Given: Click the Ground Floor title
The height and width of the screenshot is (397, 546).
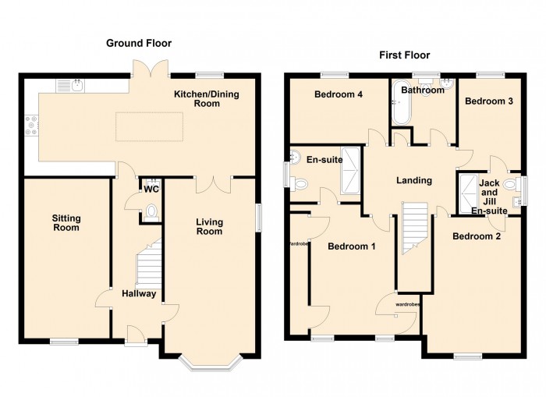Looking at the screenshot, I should click(139, 44).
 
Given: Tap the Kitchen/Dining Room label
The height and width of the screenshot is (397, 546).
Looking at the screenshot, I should click(207, 99).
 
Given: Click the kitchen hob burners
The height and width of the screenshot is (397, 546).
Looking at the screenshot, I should click(32, 126).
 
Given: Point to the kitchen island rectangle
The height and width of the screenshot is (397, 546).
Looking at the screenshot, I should click(150, 127).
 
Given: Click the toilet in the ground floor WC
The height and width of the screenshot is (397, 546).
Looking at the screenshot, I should click(151, 211).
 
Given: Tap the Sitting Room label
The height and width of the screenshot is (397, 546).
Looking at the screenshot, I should click(66, 223).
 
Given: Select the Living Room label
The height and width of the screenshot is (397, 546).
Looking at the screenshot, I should click(209, 226).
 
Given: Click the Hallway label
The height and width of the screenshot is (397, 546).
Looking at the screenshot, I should click(138, 294).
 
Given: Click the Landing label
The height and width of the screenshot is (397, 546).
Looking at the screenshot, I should click(413, 180).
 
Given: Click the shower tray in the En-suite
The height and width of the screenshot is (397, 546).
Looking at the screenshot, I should click(349, 170).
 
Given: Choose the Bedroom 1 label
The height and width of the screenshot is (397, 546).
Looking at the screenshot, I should click(351, 246).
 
